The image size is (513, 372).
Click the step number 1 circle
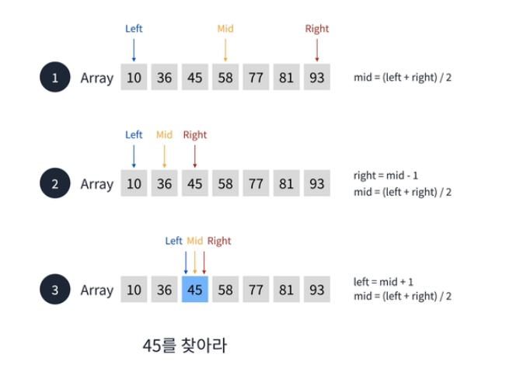(54, 78)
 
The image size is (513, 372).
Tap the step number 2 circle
(54, 184)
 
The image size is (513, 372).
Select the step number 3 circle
(54, 290)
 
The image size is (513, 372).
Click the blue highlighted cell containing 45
(194, 290)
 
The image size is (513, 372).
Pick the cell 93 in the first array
(316, 78)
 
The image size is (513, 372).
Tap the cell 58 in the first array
(225, 78)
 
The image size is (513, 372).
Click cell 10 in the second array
(134, 184)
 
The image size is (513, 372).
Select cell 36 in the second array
(164, 184)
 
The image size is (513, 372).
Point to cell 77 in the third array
(256, 290)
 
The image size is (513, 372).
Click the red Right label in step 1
(317, 29)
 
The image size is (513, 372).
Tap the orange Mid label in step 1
(225, 29)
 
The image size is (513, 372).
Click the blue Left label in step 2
(134, 135)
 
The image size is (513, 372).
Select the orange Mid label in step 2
(164, 135)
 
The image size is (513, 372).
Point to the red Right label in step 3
(219, 242)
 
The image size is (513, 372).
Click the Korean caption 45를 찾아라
(184, 344)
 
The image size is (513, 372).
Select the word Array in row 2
(97, 185)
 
